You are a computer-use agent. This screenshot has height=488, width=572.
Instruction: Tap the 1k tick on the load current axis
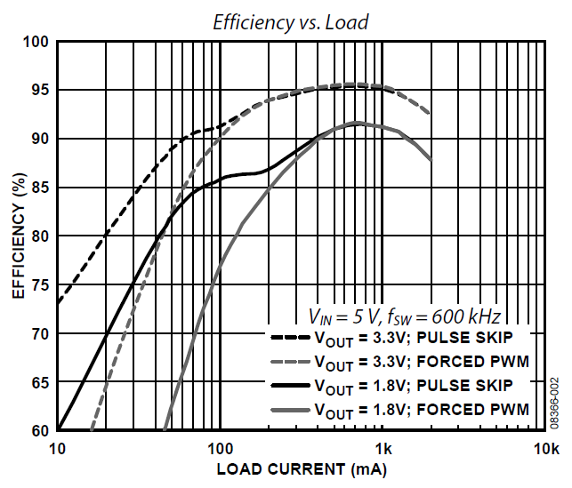(383, 447)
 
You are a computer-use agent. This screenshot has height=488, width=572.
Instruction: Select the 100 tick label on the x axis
(220, 447)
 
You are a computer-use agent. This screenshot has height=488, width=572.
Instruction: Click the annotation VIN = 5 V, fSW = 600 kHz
(405, 316)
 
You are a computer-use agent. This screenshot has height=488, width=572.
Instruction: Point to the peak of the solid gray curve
(357, 123)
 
